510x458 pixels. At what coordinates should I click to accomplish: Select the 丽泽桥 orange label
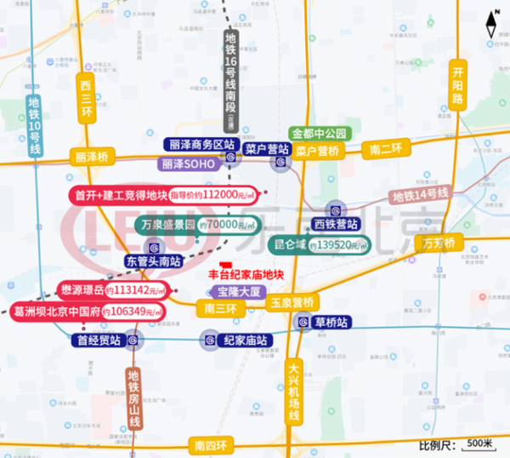point(92,157)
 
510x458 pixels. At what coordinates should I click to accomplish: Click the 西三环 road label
point(85,100)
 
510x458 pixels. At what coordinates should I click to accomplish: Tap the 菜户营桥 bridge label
point(319,151)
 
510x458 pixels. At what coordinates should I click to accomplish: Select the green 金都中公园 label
point(320,134)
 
